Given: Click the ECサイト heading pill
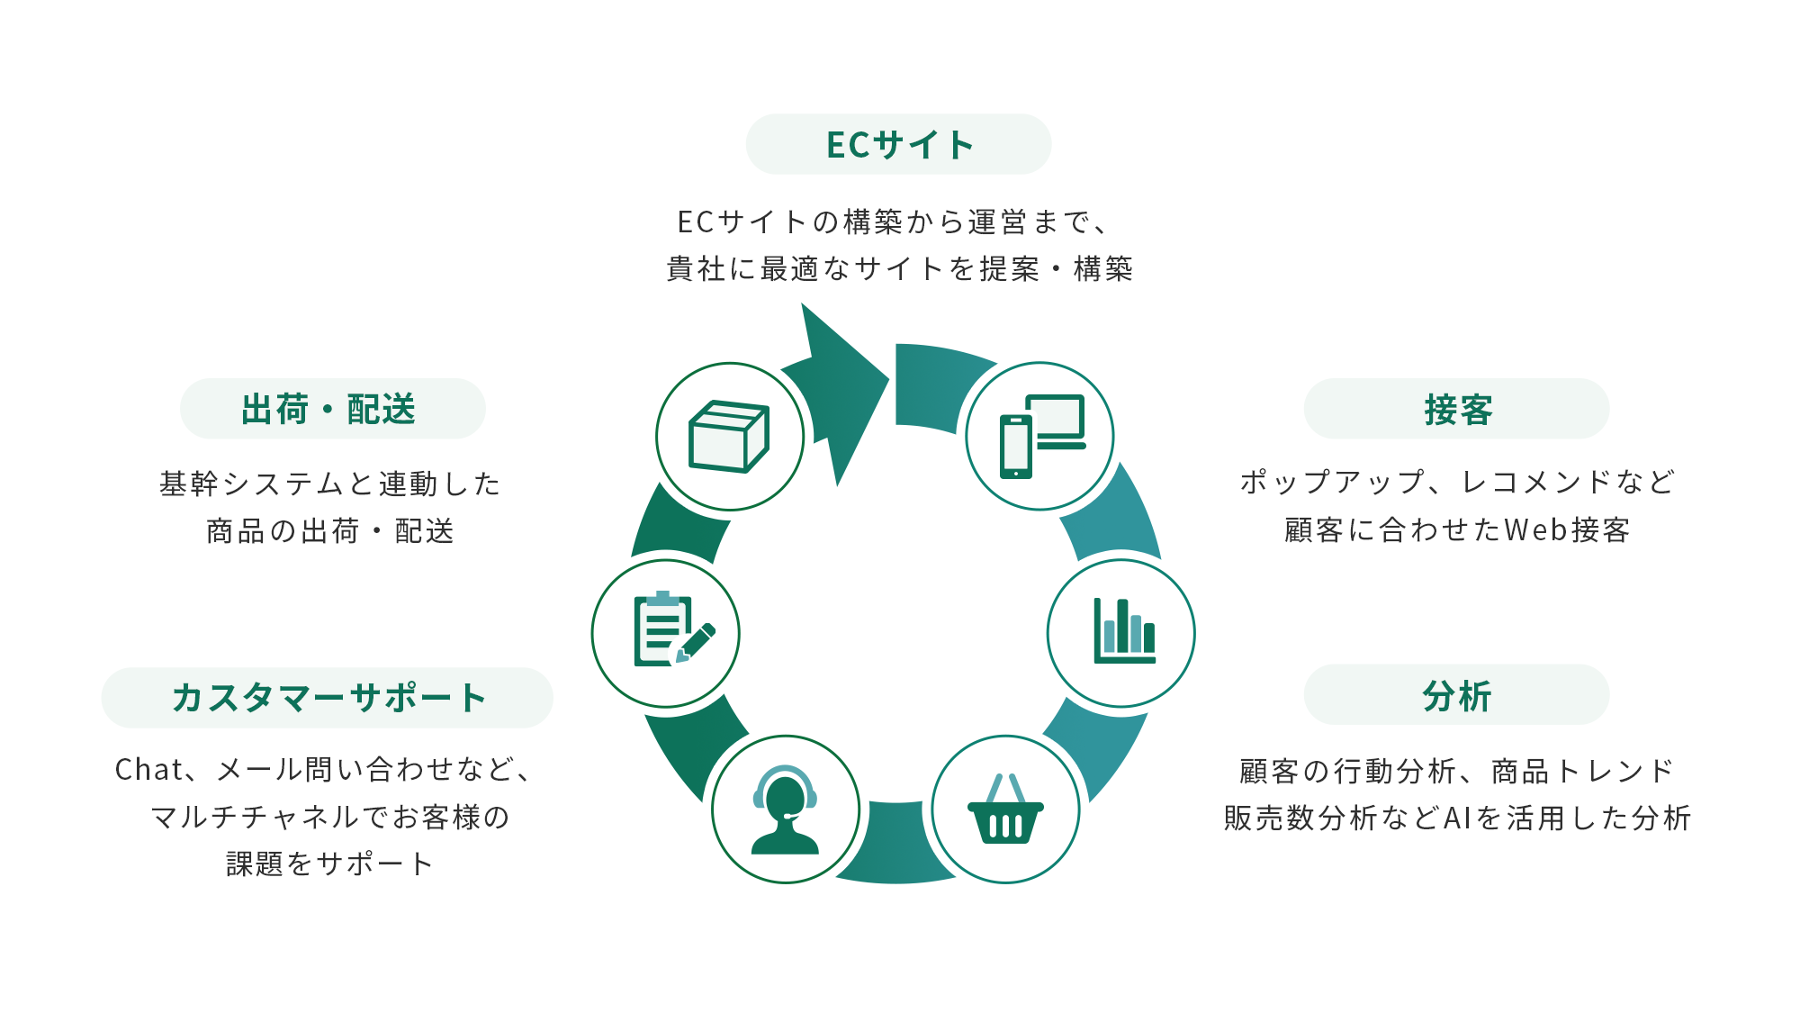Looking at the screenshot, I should [898, 144].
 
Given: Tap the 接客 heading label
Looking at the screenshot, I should [1456, 409].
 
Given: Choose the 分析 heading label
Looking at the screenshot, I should [1456, 695].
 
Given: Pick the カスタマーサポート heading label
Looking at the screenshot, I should [328, 698].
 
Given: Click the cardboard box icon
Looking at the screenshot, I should [729, 437].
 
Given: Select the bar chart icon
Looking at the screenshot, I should [1122, 633].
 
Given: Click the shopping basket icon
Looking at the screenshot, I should [1005, 809].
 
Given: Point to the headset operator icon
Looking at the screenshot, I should [785, 809].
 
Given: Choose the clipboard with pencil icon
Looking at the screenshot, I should [666, 633].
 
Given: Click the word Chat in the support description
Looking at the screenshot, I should [148, 770].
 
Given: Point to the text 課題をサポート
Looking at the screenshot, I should [329, 864].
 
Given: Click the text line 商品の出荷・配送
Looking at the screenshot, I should [329, 531].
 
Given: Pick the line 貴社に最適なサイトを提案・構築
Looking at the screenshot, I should [899, 268].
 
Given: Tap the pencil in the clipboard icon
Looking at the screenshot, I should [697, 642].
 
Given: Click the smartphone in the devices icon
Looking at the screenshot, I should [1016, 447].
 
